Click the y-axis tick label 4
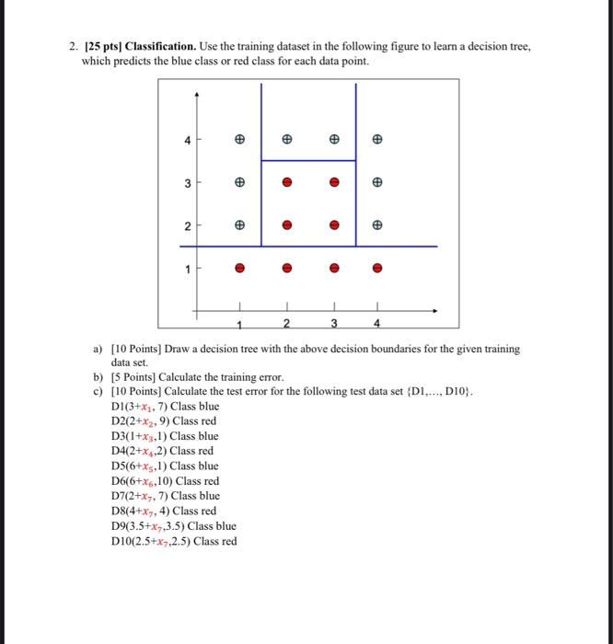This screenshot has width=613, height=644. [187, 141]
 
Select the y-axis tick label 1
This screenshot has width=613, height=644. [187, 270]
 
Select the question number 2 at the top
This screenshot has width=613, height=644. [71, 45]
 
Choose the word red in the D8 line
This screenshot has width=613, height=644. [207, 512]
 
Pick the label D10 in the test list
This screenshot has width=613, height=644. [121, 541]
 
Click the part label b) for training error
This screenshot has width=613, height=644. [98, 377]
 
